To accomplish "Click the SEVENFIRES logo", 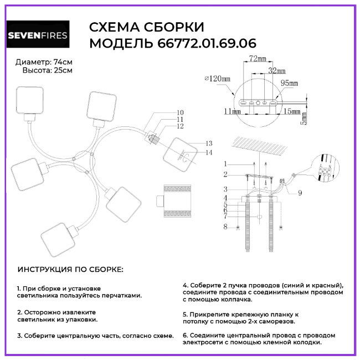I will [38, 35].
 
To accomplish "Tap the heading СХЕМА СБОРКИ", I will [147, 28].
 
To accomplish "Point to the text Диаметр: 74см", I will [44, 61].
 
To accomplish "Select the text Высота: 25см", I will [47, 70].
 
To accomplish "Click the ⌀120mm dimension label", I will [217, 79].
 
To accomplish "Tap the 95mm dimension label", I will [289, 83].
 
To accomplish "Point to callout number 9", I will [300, 193].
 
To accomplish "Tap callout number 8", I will [225, 227].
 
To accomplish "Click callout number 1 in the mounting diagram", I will [225, 163].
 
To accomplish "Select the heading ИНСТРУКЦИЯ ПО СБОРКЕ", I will [71, 269].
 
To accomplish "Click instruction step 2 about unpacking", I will [56, 315].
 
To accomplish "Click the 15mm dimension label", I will [291, 111].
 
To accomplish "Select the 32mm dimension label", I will [277, 71].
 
